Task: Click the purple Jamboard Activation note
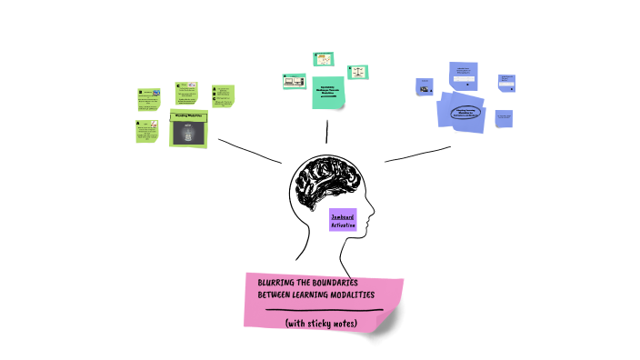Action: [343, 219]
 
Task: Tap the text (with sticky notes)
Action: [321, 323]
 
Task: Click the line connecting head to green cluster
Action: [250, 152]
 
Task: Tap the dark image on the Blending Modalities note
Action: [189, 134]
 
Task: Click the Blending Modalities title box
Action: [189, 116]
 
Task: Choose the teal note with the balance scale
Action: [357, 71]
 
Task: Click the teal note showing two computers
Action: [293, 82]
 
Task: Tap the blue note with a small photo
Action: [425, 87]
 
